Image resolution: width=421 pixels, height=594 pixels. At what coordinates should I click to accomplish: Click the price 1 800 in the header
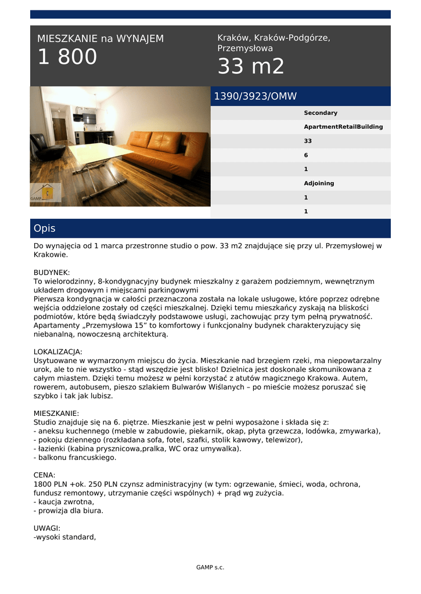tap(67, 57)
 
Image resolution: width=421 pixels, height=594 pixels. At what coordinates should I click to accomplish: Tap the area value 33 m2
tap(251, 67)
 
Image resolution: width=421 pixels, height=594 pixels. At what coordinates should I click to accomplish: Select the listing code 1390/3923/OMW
tap(256, 96)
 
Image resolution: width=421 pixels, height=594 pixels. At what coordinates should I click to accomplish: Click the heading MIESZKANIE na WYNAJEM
tap(100, 39)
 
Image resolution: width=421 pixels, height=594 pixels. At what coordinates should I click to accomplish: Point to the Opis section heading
tap(45, 229)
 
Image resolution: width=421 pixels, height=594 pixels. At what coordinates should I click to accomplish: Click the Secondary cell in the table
tap(321, 113)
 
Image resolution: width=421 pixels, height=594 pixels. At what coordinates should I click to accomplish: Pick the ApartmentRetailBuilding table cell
tap(343, 127)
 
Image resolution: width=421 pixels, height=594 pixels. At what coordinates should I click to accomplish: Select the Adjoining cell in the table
tap(319, 183)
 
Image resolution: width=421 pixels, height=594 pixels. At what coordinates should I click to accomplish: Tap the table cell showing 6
tap(306, 155)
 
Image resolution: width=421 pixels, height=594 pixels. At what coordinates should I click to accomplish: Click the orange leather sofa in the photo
tap(168, 152)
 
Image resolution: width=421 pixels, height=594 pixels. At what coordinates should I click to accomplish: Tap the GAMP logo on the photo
tap(46, 193)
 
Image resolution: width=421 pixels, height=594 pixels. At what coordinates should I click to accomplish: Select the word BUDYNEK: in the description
tap(52, 272)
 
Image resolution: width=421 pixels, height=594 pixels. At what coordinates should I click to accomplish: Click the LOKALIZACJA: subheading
tap(58, 352)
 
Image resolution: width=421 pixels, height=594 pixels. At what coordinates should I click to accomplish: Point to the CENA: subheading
tap(45, 475)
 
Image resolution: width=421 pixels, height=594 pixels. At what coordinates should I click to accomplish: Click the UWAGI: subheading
tap(47, 528)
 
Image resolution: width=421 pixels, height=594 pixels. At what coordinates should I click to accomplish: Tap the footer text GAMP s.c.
tap(210, 567)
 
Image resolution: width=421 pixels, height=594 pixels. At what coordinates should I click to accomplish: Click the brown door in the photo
tap(60, 129)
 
